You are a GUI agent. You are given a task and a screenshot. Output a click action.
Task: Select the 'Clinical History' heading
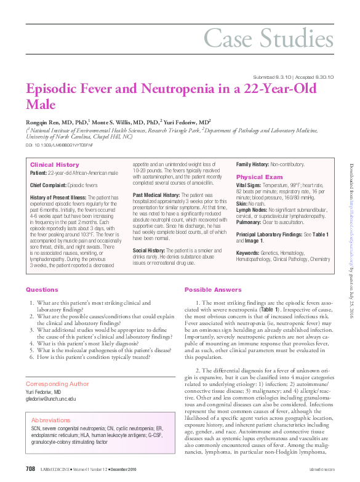click(55, 165)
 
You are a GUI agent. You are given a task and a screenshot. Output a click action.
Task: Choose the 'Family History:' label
click(253, 165)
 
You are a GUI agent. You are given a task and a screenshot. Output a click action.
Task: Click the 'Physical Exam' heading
click(258, 177)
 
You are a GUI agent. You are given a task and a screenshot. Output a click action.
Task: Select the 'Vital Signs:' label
click(249, 185)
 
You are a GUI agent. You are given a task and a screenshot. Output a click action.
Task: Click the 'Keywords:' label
click(247, 252)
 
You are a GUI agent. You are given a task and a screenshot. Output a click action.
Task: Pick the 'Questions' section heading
click(42, 289)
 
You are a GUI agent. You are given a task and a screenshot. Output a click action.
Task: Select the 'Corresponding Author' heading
click(57, 384)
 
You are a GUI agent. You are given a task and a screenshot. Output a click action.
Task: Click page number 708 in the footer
click(30, 469)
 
